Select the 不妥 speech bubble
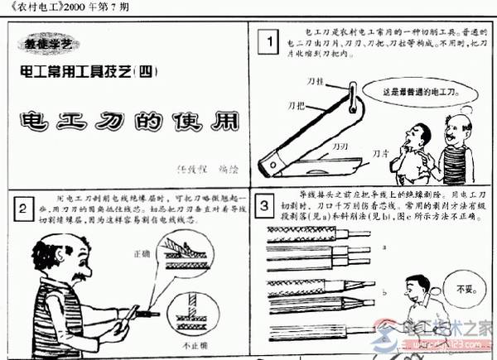pyautogui.click(x=458, y=290)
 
